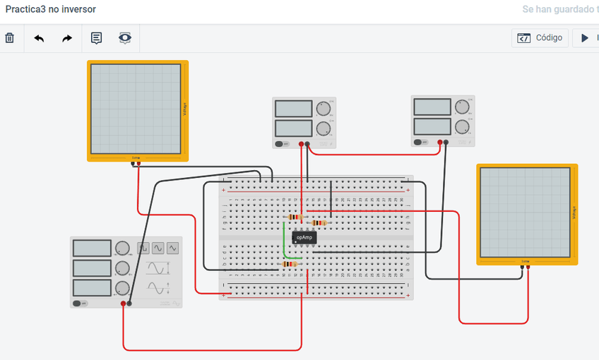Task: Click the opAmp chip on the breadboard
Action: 304,237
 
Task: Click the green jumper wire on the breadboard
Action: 285,244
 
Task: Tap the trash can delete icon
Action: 10,38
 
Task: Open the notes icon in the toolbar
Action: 96,38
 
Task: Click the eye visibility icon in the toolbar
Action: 125,38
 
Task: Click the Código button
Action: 540,38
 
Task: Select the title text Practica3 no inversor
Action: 51,9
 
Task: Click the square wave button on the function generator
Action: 143,248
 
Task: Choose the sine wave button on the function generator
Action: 172,248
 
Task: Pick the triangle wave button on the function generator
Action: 158,248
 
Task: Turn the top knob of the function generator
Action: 122,248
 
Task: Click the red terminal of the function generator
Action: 123,304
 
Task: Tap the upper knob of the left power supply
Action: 323,109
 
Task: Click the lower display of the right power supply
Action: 432,126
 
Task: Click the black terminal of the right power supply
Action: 446,143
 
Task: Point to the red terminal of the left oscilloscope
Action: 138,164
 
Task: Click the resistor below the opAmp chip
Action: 290,265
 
